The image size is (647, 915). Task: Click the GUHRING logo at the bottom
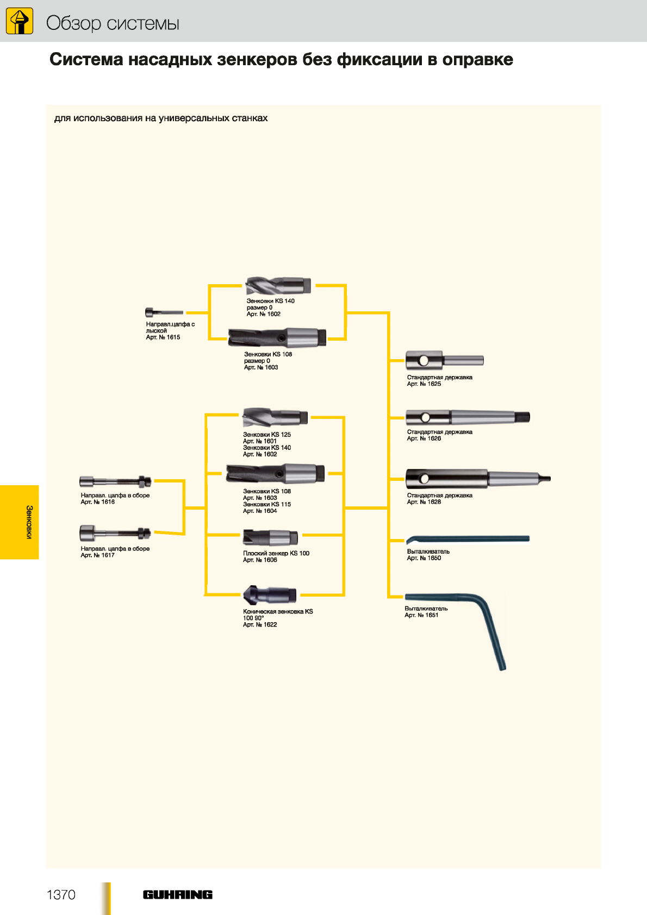[177, 894]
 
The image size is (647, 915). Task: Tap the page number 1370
[61, 894]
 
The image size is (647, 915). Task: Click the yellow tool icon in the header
[19, 21]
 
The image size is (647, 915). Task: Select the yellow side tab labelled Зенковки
[20, 522]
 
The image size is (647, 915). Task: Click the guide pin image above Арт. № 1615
[164, 312]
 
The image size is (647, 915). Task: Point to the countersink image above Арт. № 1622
[270, 595]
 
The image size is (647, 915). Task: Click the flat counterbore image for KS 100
[270, 537]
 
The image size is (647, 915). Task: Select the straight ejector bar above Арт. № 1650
[468, 539]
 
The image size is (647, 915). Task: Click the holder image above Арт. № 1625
[445, 360]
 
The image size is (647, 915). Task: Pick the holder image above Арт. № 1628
[478, 479]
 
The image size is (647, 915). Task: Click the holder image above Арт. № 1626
[468, 417]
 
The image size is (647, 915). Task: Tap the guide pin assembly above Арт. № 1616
[115, 481]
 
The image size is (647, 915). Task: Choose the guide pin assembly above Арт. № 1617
[115, 534]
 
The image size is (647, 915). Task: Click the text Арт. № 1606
[260, 560]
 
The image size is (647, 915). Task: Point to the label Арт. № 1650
[424, 557]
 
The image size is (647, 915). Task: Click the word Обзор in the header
[73, 23]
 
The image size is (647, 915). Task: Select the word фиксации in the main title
[380, 60]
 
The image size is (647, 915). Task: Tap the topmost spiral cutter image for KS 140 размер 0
[278, 285]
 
